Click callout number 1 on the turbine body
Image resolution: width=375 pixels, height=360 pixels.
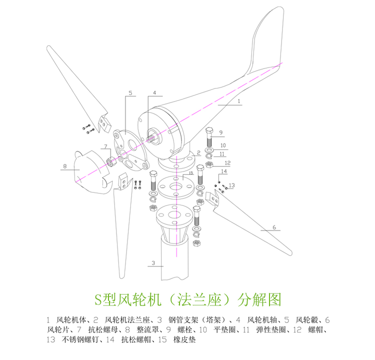tap(239, 100)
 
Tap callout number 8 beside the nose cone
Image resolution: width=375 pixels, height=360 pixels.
tap(65, 166)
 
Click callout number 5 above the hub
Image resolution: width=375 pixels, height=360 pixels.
tap(130, 93)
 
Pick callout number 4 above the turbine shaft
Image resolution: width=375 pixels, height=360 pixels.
tap(155, 93)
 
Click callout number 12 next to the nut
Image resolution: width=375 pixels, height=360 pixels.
tap(227, 163)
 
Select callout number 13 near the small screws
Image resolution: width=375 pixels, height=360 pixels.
tap(231, 185)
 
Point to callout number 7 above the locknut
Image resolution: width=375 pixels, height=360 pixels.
tap(105, 146)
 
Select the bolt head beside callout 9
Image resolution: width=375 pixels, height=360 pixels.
tap(210, 132)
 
